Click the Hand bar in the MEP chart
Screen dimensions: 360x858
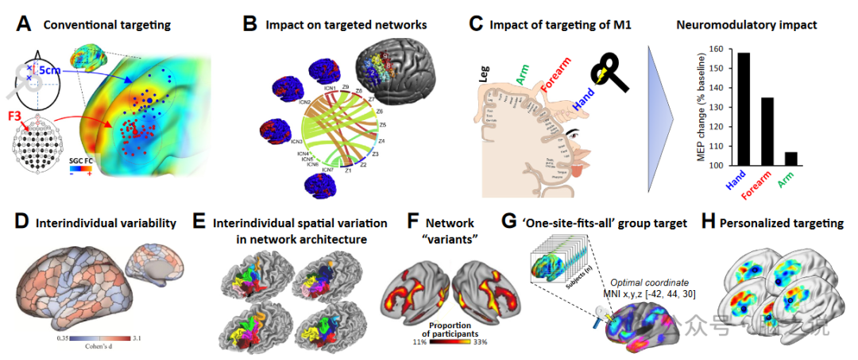(744, 110)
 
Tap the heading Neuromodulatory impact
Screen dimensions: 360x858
(746, 25)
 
